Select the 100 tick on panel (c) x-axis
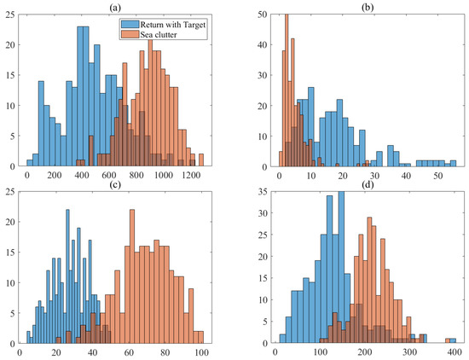point(201,353)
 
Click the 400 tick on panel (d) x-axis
point(453,353)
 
